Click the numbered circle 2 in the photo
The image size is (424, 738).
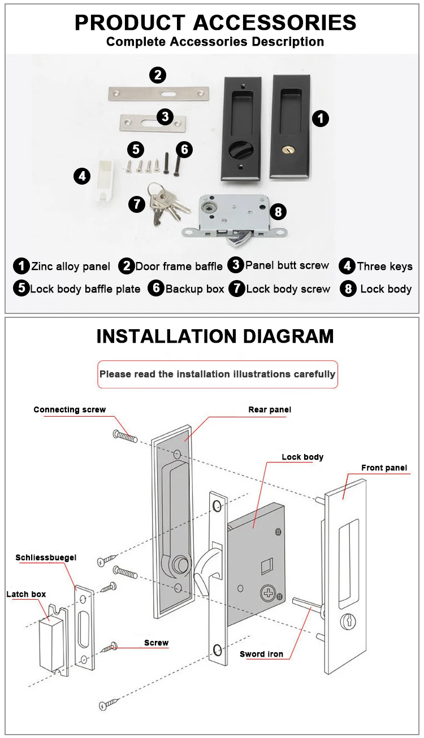click(158, 75)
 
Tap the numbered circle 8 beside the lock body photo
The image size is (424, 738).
click(278, 212)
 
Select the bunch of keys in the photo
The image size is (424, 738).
click(166, 202)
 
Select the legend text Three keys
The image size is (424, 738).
click(384, 266)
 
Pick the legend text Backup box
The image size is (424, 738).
click(194, 289)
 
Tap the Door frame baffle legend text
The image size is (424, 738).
click(178, 267)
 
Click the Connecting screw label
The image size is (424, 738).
click(70, 409)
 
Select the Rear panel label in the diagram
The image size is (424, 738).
click(270, 409)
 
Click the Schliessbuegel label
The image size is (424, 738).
click(46, 557)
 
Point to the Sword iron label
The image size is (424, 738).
click(261, 654)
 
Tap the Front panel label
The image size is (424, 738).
click(384, 468)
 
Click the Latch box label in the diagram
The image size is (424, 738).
click(26, 594)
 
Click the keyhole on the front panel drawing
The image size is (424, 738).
click(345, 621)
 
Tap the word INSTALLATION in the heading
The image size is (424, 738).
click(167, 337)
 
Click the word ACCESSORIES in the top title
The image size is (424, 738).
click(275, 23)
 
